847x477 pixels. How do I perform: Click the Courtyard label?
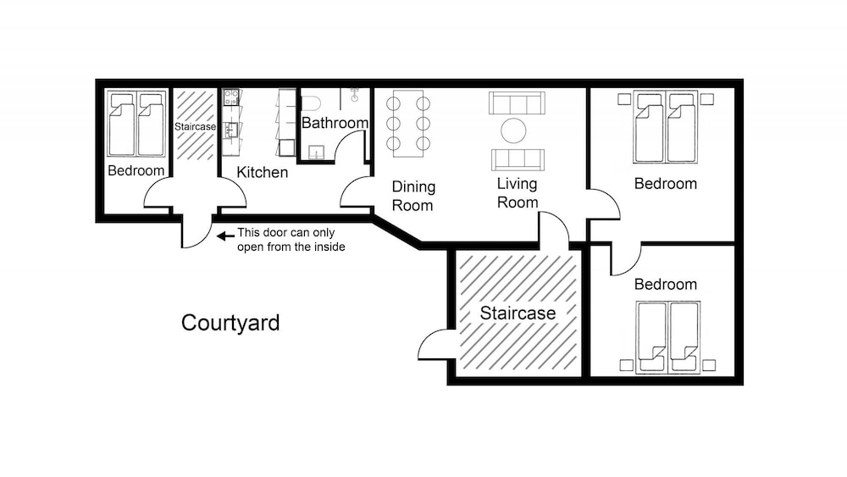coord(230,323)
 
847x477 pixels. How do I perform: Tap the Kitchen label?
coord(262,172)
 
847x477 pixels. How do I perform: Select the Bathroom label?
coord(335,123)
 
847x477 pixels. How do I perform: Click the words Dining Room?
coord(413,196)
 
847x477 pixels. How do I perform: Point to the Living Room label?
coord(518,193)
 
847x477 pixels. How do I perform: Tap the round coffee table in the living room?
coord(513,130)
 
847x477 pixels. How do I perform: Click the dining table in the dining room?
coord(408,124)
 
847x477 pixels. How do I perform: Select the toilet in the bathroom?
coord(311,103)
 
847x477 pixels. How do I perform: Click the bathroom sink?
coord(316,153)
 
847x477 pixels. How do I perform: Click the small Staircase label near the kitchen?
coord(195,126)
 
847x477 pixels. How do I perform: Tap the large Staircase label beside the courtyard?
coord(518,313)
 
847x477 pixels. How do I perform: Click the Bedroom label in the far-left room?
coord(136,170)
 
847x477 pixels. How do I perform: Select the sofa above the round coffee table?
coord(517,103)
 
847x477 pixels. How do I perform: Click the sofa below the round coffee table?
coord(518,160)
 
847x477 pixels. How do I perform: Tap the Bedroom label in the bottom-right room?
coord(666,284)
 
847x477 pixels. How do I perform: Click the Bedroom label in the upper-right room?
coord(666,184)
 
